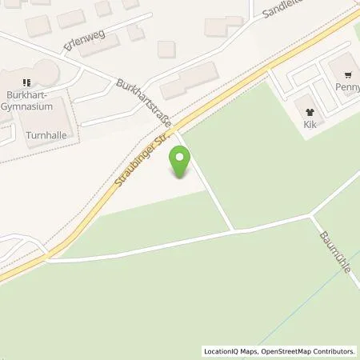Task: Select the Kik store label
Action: pos(310,125)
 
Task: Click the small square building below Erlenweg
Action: pos(166,49)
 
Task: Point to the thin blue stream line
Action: pos(280,320)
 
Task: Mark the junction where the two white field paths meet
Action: pos(234,230)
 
